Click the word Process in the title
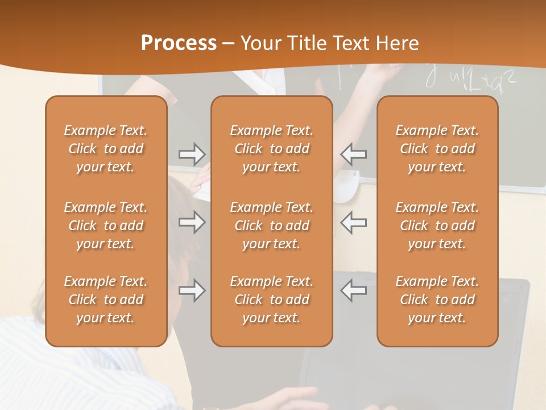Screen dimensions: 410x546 [179, 43]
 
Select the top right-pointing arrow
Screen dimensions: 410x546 [192, 154]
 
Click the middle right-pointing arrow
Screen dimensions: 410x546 [192, 222]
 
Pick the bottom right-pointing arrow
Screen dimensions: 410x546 [192, 290]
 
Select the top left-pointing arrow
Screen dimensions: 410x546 [354, 154]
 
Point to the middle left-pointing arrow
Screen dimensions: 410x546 [354, 222]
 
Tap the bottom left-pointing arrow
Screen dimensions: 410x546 [354, 290]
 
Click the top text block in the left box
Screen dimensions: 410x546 [106, 149]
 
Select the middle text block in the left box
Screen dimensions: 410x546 [106, 225]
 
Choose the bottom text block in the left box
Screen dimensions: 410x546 [106, 300]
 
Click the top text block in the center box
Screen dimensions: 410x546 [272, 149]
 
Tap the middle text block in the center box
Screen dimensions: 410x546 [272, 225]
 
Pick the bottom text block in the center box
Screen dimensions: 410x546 [272, 300]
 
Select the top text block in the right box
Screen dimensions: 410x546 [437, 149]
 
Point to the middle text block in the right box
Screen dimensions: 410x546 [437, 225]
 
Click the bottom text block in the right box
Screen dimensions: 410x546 [437, 300]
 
